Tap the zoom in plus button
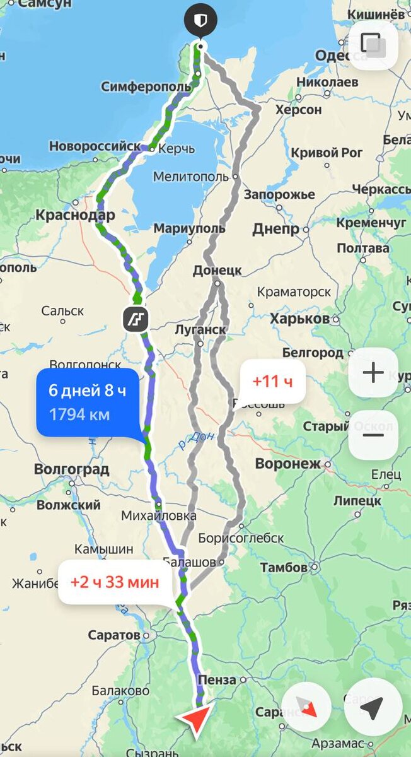[373, 373]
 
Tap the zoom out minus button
[373, 435]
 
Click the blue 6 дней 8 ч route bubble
[88, 402]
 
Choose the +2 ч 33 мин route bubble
[115, 582]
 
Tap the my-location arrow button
[373, 708]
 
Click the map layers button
[373, 45]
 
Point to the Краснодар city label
[75, 215]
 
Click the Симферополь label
[146, 86]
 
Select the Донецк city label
[217, 270]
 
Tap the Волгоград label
[71, 469]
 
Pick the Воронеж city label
[287, 464]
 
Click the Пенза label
[216, 679]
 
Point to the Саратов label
[114, 635]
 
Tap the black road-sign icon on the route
[136, 320]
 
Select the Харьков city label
[299, 319]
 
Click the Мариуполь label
[188, 228]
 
